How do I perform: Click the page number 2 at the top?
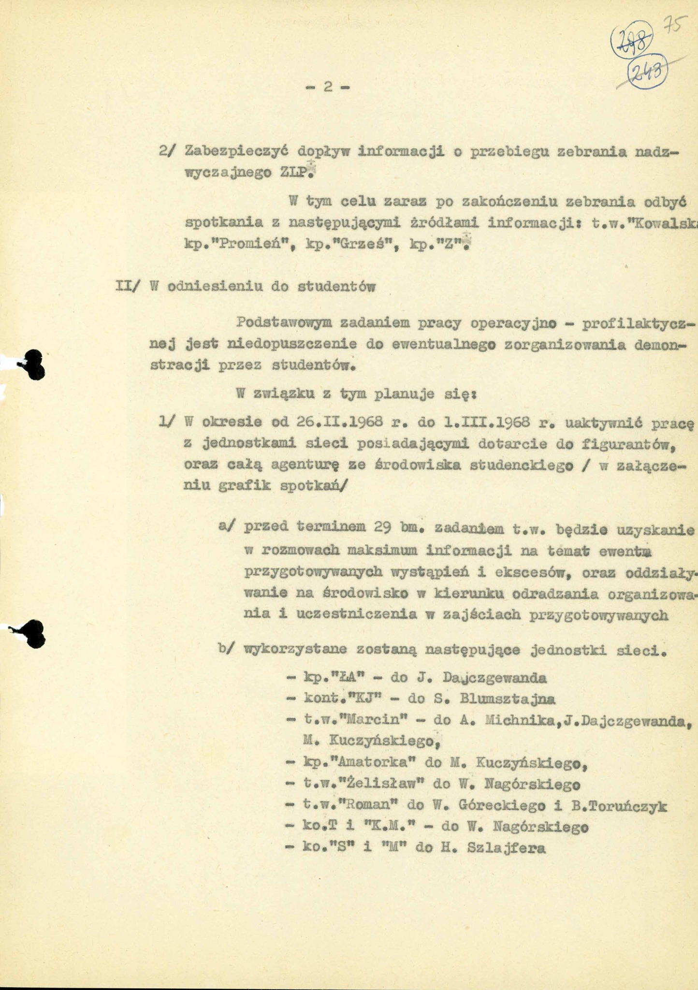pos(328,87)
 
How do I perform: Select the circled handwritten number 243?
pos(648,72)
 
